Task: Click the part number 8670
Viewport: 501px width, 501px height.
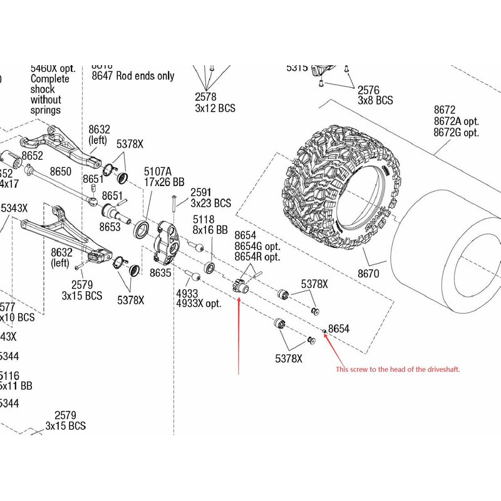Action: [369, 274]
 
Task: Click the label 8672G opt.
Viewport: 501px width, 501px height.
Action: [456, 133]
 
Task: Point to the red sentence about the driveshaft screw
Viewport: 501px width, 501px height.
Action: [398, 369]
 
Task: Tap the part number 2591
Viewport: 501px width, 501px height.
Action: [200, 193]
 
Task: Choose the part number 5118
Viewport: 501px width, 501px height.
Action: [204, 220]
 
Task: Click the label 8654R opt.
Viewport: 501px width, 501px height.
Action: [257, 257]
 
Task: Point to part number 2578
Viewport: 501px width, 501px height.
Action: [205, 97]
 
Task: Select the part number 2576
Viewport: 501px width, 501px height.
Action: [368, 90]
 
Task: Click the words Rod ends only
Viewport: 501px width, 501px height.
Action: [145, 76]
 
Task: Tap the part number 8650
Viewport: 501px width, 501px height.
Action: [61, 171]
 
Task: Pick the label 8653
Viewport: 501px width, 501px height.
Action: [110, 227]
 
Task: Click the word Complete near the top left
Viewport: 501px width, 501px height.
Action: [50, 79]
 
